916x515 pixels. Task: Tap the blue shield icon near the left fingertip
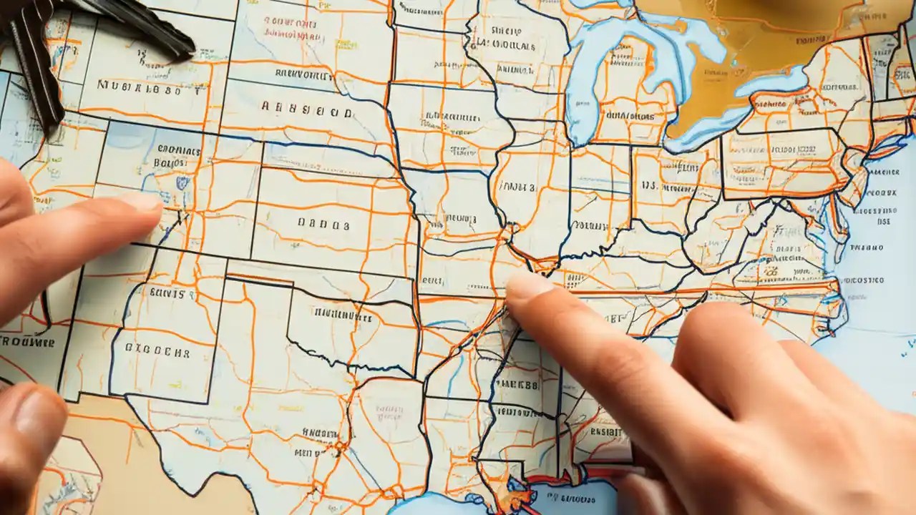pyautogui.click(x=182, y=183)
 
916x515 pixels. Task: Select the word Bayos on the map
pyautogui.click(x=170, y=162)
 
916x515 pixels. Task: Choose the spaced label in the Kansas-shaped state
pyautogui.click(x=323, y=225)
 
